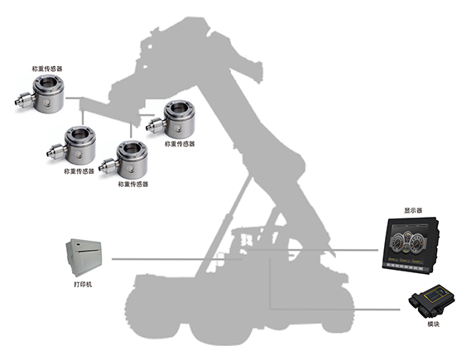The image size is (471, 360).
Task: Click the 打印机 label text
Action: [x=83, y=285]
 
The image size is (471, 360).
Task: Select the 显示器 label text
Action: [x=413, y=210]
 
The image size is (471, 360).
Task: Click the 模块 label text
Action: [x=433, y=324]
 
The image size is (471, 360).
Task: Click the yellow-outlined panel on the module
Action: [x=436, y=295]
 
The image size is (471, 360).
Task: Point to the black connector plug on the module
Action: [x=416, y=301]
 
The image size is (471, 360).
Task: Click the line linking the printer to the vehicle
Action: [x=177, y=259]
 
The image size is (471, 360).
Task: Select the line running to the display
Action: [x=312, y=249]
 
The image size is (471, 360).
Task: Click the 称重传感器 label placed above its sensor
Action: [x=47, y=69]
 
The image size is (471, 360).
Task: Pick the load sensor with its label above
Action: [x=40, y=94]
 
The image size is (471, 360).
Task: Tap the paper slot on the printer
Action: [x=87, y=250]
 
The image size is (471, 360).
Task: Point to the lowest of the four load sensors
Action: [x=124, y=160]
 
